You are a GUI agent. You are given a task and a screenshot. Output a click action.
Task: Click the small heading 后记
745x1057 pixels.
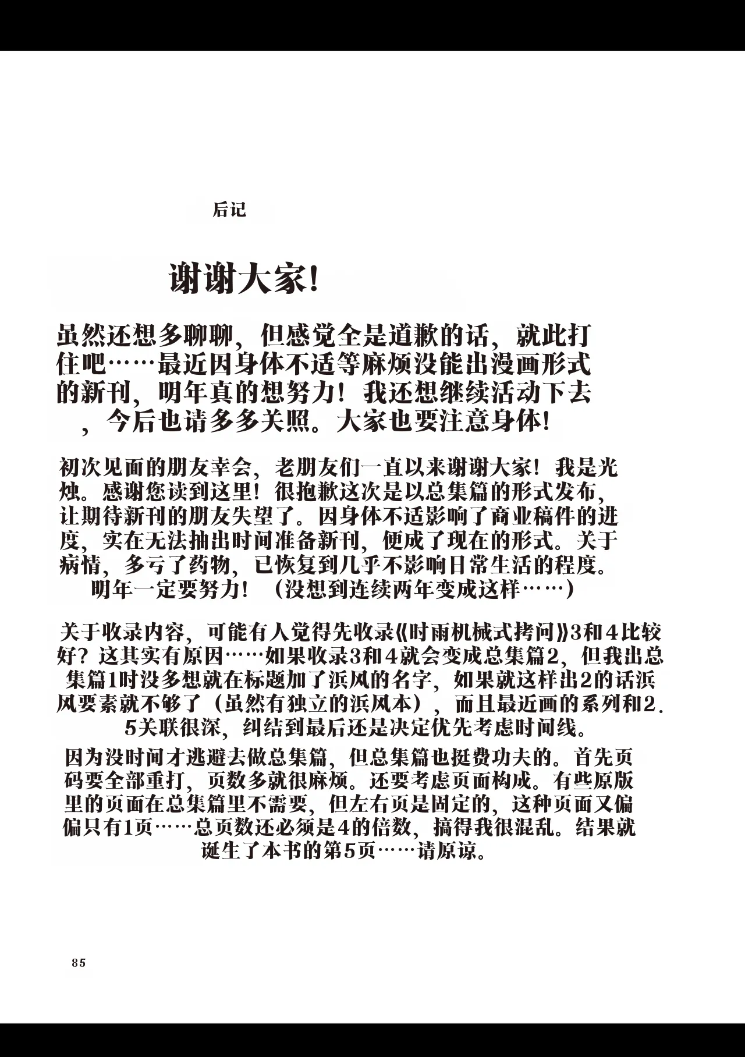pos(230,210)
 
